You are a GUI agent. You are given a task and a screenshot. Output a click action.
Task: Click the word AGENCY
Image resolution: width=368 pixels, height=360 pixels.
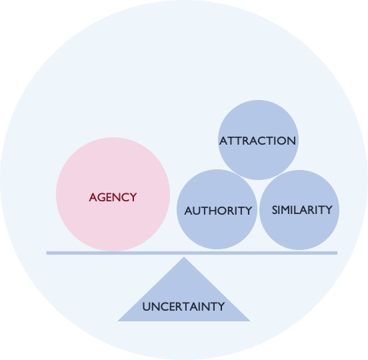click(x=113, y=197)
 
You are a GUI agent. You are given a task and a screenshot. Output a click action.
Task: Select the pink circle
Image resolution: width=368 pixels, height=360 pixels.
click(x=113, y=194)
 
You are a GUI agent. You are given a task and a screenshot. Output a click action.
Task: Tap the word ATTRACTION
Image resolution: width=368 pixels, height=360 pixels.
click(x=257, y=141)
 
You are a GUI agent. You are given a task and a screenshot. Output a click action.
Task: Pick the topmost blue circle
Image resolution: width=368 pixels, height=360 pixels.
click(x=258, y=140)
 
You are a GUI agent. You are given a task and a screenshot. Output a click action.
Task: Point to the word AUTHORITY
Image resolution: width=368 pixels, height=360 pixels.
click(x=218, y=211)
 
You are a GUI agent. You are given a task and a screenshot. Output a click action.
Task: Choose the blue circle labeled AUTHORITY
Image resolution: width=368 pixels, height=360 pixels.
click(x=217, y=209)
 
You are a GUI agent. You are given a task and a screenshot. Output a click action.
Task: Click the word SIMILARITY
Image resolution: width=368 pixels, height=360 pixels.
click(x=302, y=210)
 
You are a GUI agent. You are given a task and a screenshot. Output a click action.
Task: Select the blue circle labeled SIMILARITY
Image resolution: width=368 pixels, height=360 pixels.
click(x=299, y=210)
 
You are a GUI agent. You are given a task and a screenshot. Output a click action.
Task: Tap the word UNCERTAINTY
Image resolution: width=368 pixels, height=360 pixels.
click(x=183, y=307)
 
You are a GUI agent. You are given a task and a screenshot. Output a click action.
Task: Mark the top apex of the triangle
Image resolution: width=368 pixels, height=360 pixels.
click(x=184, y=257)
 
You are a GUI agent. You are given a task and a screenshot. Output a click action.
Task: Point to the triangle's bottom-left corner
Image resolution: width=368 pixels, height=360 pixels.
click(x=118, y=321)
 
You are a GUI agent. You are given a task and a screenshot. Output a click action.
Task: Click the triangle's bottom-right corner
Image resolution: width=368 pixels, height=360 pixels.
click(x=250, y=321)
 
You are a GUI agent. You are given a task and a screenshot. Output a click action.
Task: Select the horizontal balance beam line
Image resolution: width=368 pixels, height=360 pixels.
click(x=192, y=253)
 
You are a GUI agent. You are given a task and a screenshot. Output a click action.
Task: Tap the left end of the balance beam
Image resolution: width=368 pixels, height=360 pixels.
click(x=47, y=253)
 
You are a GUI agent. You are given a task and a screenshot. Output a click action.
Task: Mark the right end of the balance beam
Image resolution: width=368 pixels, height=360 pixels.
click(x=337, y=253)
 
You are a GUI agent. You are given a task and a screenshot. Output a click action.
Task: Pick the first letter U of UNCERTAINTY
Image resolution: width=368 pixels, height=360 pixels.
click(x=146, y=307)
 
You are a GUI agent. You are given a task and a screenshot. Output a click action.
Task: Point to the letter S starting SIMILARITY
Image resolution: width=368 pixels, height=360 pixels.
click(x=275, y=210)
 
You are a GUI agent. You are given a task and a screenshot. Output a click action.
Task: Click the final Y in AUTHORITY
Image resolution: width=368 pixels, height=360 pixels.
click(x=248, y=211)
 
